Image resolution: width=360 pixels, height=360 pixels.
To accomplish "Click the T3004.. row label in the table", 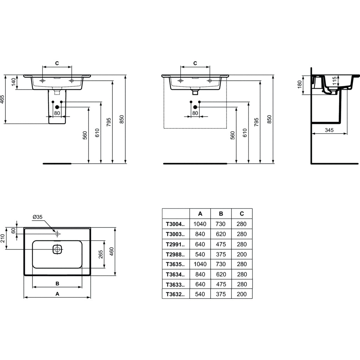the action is [x=175, y=224].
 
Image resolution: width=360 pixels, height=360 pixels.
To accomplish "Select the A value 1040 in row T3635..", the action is [x=200, y=264].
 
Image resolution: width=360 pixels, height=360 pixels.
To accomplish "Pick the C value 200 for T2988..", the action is [x=242, y=255].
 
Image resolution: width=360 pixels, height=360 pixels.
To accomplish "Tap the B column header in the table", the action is [x=221, y=214].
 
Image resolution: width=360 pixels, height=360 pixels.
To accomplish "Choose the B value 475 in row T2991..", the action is [x=221, y=244].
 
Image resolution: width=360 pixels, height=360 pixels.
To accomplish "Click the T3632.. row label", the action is [x=175, y=294].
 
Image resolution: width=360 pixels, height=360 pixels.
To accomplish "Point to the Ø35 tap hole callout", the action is [x=37, y=217].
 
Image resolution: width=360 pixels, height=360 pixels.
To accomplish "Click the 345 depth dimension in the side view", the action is [x=329, y=130].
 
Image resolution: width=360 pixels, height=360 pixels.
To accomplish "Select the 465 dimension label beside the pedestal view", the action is [x=2, y=99].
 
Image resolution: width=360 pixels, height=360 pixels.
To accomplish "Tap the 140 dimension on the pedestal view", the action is [x=14, y=82].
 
